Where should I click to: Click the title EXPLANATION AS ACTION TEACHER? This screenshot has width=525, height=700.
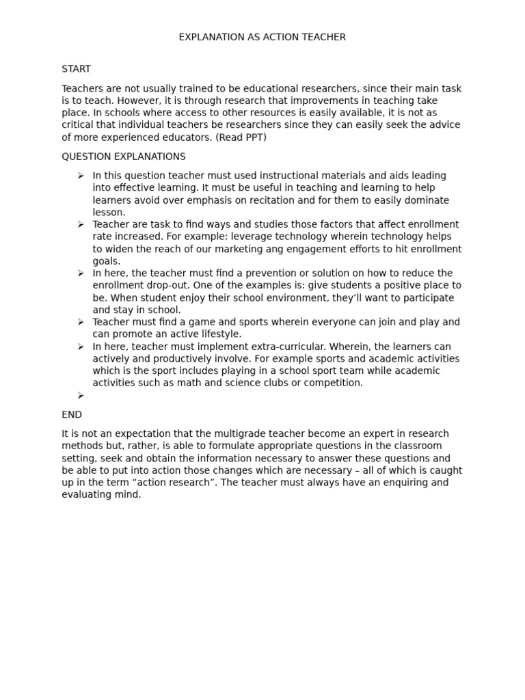pyautogui.click(x=262, y=37)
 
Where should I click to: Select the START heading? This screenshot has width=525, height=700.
pyautogui.click(x=76, y=69)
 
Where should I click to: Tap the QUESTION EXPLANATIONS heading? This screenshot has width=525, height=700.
pyautogui.click(x=123, y=157)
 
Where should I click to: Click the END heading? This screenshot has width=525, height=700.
pyautogui.click(x=72, y=414)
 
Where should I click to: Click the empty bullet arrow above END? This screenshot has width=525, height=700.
pyautogui.click(x=81, y=395)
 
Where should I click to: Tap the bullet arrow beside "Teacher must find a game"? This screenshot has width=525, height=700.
pyautogui.click(x=81, y=322)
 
